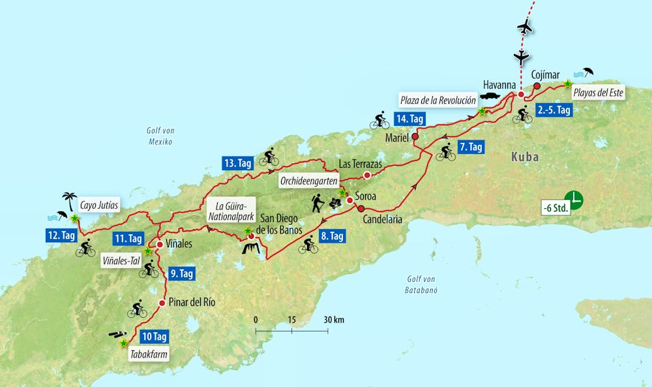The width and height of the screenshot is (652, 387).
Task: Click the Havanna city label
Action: [499, 85]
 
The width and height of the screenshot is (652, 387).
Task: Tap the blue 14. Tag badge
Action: [409, 119]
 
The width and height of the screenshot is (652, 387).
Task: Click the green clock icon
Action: [573, 198]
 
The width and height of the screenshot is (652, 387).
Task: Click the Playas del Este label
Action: [598, 93]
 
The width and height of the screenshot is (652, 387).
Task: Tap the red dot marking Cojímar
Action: [537, 85]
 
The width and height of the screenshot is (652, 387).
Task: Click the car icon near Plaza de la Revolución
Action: [489, 96]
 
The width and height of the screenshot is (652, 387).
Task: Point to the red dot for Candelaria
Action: [361, 208]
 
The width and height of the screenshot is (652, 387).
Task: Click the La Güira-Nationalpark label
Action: [224, 213]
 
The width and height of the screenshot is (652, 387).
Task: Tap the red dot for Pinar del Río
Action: [162, 302]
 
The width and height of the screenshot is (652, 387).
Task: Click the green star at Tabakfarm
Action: [124, 342]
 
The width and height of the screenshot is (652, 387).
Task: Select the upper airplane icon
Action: [524, 27]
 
